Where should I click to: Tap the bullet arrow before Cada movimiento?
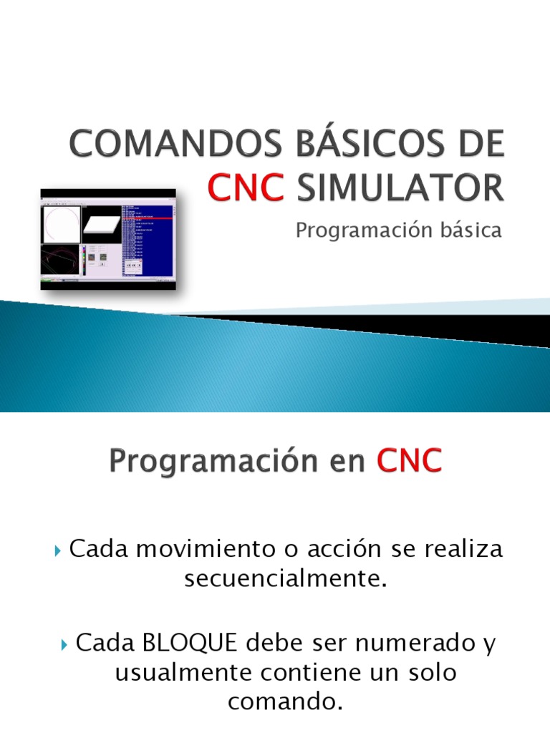[x=59, y=551]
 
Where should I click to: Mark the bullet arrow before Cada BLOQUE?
[x=64, y=644]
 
